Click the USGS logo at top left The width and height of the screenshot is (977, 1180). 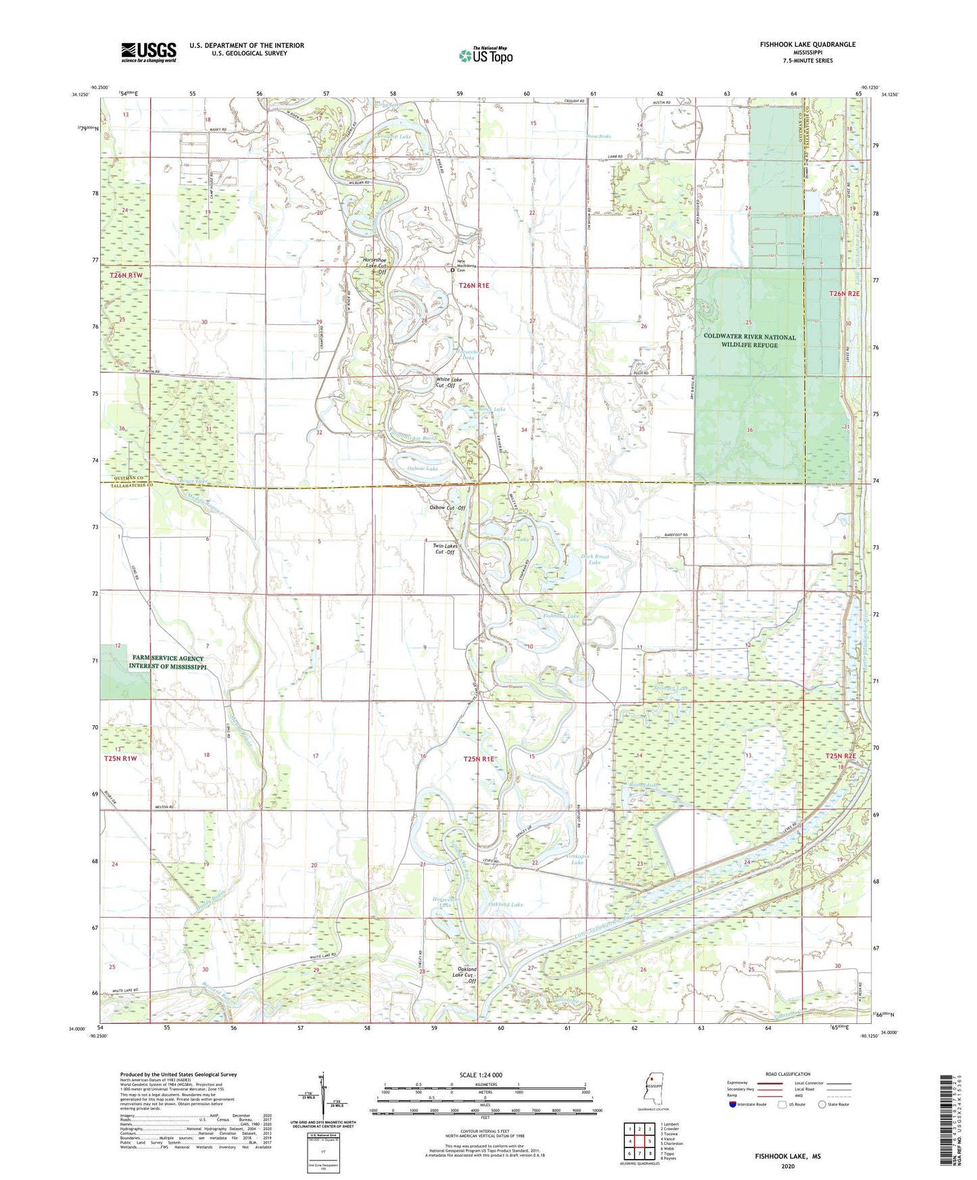(149, 52)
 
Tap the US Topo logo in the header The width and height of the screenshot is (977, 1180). (485, 55)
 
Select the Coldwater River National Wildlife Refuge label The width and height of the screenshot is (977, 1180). (749, 341)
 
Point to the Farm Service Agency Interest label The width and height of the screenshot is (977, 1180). (168, 662)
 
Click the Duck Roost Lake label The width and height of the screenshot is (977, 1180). (595, 559)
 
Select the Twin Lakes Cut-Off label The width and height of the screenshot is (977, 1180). (445, 549)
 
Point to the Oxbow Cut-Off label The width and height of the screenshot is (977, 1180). (447, 508)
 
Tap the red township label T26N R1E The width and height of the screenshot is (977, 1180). (473, 286)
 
